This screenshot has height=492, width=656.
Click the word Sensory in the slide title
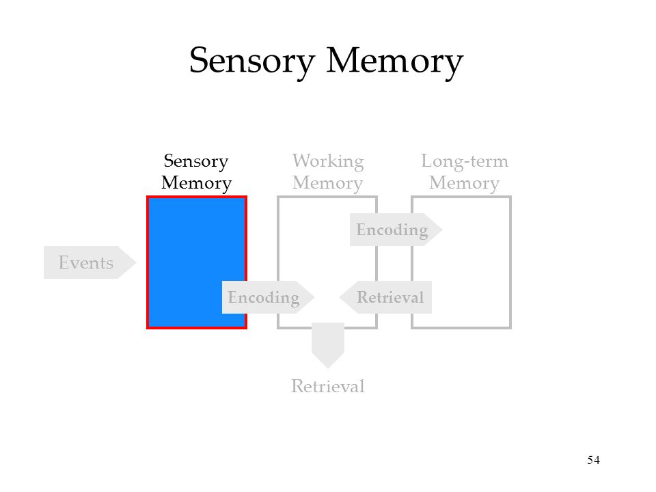pyautogui.click(x=252, y=61)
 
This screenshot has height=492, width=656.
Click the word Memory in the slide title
pyautogui.click(x=394, y=61)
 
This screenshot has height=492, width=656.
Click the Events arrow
pyautogui.click(x=90, y=262)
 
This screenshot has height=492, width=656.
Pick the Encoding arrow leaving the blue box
pyautogui.click(x=268, y=297)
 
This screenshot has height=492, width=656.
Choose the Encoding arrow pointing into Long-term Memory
pyautogui.click(x=396, y=230)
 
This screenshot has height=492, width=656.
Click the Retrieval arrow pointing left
pyautogui.click(x=385, y=297)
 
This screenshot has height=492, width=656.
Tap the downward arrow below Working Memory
pyautogui.click(x=328, y=345)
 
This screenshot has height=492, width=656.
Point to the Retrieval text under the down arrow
pyautogui.click(x=327, y=386)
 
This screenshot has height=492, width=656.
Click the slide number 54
pyautogui.click(x=593, y=460)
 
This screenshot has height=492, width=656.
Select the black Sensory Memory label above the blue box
pyautogui.click(x=196, y=172)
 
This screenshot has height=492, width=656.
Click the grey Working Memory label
pyautogui.click(x=328, y=172)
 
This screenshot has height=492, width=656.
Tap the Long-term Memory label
pyautogui.click(x=465, y=172)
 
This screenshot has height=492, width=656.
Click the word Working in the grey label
pyautogui.click(x=328, y=161)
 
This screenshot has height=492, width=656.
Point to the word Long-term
pyautogui.click(x=465, y=161)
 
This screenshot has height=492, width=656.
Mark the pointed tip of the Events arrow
pyautogui.click(x=136, y=262)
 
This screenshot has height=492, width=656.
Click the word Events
pyautogui.click(x=86, y=262)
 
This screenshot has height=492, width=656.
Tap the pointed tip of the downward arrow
pyautogui.click(x=328, y=368)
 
